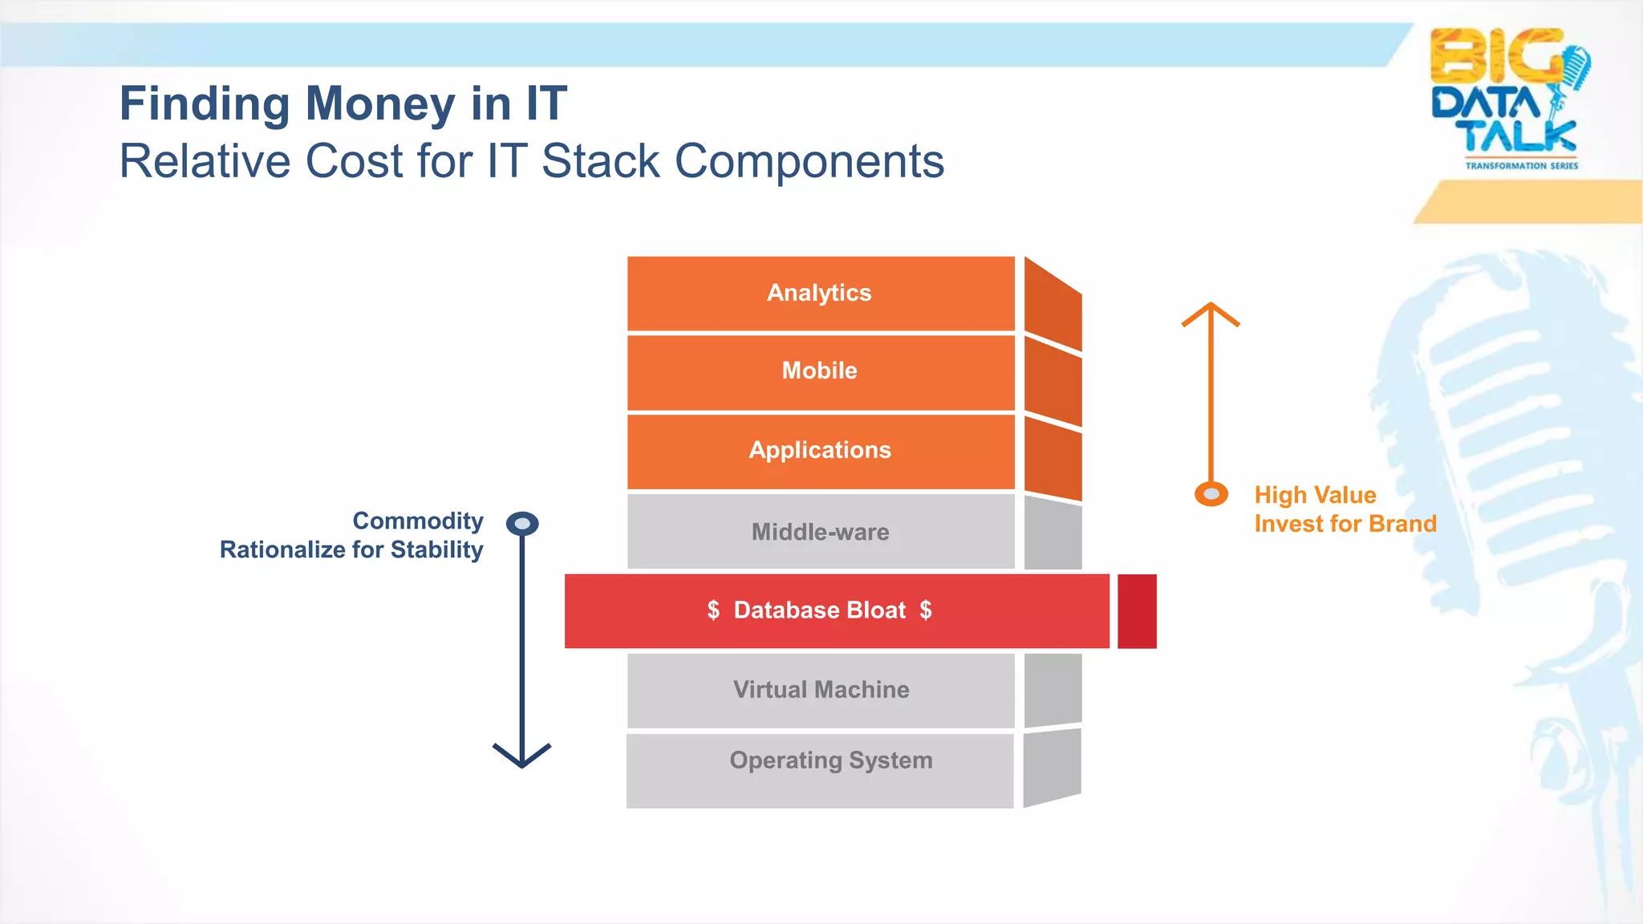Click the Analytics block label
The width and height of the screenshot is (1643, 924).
click(819, 293)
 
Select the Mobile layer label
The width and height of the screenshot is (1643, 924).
click(819, 371)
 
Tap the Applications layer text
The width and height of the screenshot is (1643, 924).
click(820, 450)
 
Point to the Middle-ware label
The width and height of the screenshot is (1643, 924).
click(820, 532)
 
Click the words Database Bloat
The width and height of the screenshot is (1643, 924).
click(819, 610)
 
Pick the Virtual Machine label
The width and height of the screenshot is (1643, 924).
click(821, 690)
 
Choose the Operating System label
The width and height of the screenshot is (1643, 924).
click(830, 760)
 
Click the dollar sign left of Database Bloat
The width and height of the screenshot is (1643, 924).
click(713, 610)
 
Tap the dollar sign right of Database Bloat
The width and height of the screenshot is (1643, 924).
click(926, 610)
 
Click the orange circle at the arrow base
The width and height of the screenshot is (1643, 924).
click(1211, 494)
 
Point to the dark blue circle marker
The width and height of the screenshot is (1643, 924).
click(522, 524)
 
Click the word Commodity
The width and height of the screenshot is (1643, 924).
click(418, 521)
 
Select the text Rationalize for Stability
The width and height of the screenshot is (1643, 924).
click(351, 550)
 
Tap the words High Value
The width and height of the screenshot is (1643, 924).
click(1315, 495)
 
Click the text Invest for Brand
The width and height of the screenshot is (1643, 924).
click(1345, 524)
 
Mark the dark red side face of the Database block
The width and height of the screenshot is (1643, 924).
click(1137, 611)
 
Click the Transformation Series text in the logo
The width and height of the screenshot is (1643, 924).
click(1521, 166)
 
